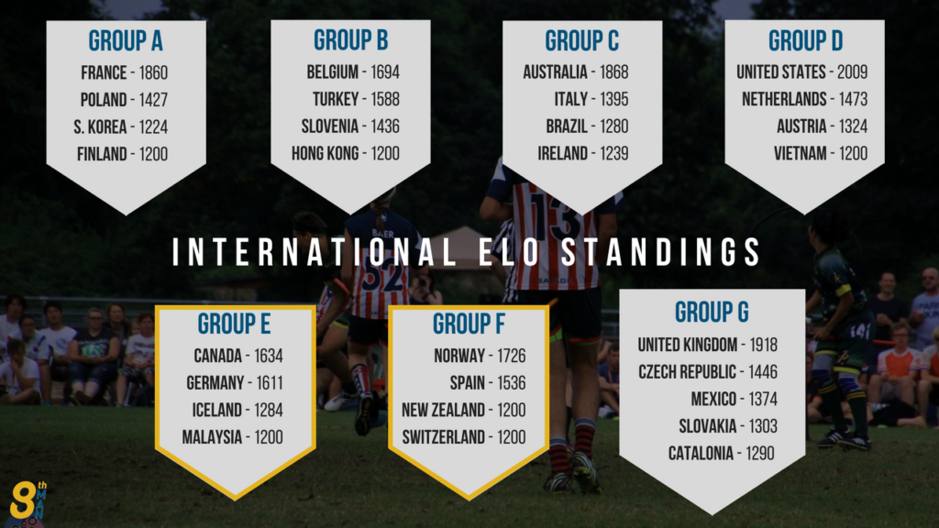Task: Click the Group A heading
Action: tap(126, 40)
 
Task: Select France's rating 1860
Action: tap(153, 73)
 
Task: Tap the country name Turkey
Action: tap(336, 99)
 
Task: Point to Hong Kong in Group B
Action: tap(326, 154)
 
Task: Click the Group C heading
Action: tap(582, 40)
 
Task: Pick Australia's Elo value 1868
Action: tap(613, 72)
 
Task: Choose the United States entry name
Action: tap(781, 72)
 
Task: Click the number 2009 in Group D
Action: tap(852, 72)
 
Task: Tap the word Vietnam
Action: tap(800, 154)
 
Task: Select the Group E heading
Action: tap(234, 324)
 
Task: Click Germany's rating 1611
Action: tap(270, 383)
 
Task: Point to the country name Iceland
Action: tap(216, 410)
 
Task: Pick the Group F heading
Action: tap(469, 324)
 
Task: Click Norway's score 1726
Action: tap(511, 357)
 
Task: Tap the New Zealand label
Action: tap(443, 410)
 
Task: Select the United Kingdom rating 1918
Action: tap(763, 345)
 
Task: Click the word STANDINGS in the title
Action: tap(661, 252)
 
